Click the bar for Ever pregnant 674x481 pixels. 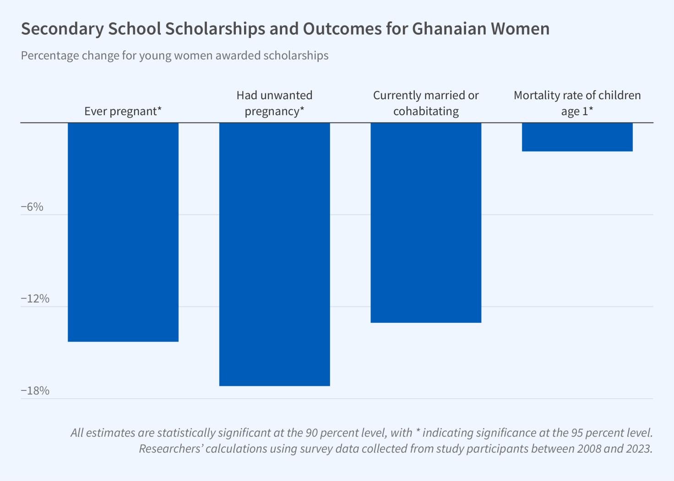(123, 232)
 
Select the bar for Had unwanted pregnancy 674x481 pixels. (274, 254)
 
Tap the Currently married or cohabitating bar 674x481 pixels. (426, 223)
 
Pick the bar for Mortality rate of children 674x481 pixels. (577, 137)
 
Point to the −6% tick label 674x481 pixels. (32, 207)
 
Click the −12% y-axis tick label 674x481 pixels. (35, 299)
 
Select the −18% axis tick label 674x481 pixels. (35, 390)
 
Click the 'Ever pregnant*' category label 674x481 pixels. (123, 111)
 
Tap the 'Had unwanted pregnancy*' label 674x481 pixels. (274, 103)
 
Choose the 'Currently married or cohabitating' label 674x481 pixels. (426, 103)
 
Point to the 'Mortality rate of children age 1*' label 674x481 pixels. (577, 103)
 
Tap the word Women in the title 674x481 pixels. (520, 29)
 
